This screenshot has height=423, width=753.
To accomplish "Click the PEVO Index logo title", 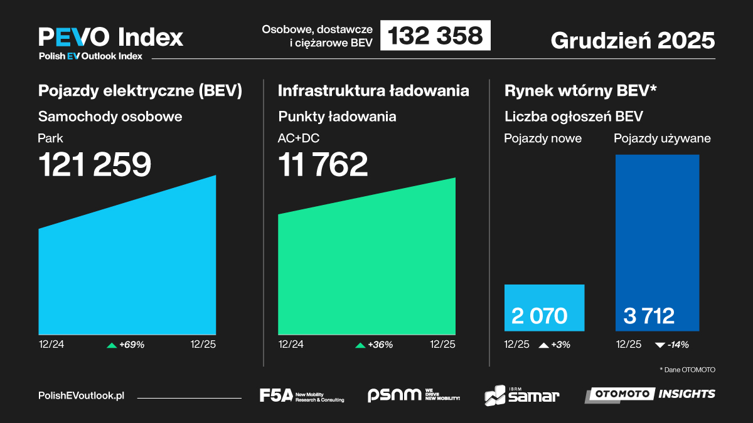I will [x=110, y=37].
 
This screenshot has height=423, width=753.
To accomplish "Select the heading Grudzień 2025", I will [x=633, y=40].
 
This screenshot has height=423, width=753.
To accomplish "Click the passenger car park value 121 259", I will [x=95, y=165].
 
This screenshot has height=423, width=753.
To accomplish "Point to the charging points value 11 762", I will [x=323, y=165].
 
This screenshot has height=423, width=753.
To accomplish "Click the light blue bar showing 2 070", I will [x=544, y=308].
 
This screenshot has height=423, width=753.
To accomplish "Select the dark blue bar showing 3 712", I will [x=657, y=243].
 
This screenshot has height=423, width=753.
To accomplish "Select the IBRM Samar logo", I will [x=521, y=395].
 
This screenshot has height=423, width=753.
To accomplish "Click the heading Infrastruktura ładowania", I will [x=373, y=90].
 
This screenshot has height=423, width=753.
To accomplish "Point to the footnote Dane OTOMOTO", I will [x=687, y=370].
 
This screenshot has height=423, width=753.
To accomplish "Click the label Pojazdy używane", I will [x=662, y=138].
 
